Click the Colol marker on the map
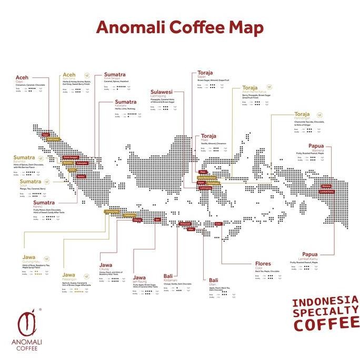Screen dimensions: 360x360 click(218, 224)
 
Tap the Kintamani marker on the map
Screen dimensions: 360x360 click(185, 224)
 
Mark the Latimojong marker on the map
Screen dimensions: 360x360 click(206, 188)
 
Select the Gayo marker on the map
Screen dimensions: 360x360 click(46, 134)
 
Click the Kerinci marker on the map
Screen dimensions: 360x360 click(81, 176)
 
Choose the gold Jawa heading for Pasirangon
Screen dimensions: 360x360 click(69, 275)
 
